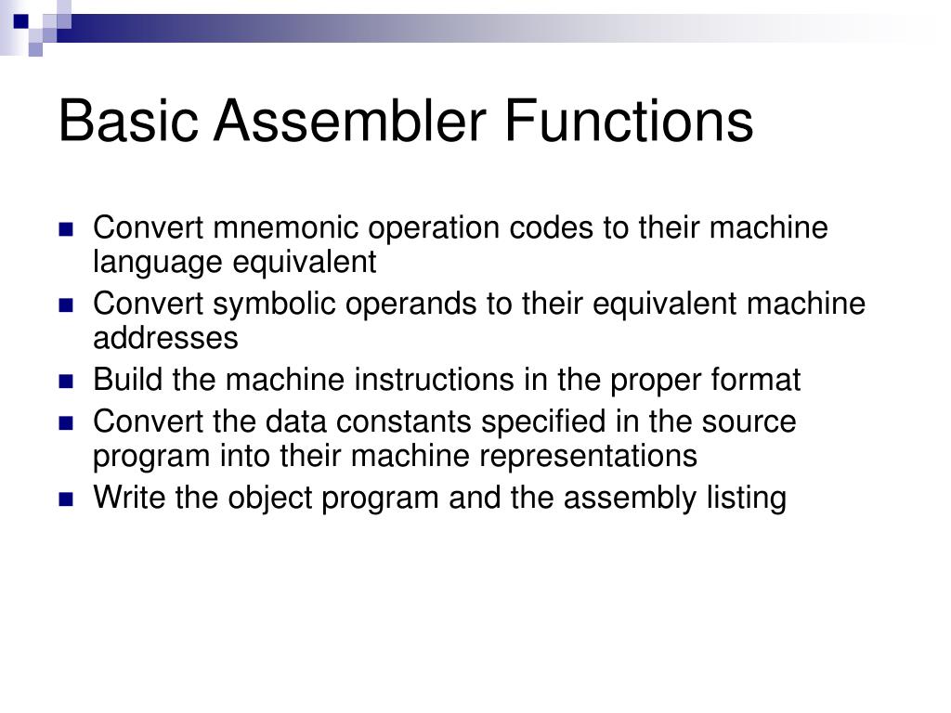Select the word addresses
[x=165, y=339]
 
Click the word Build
[x=126, y=381]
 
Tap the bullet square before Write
[x=66, y=499]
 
